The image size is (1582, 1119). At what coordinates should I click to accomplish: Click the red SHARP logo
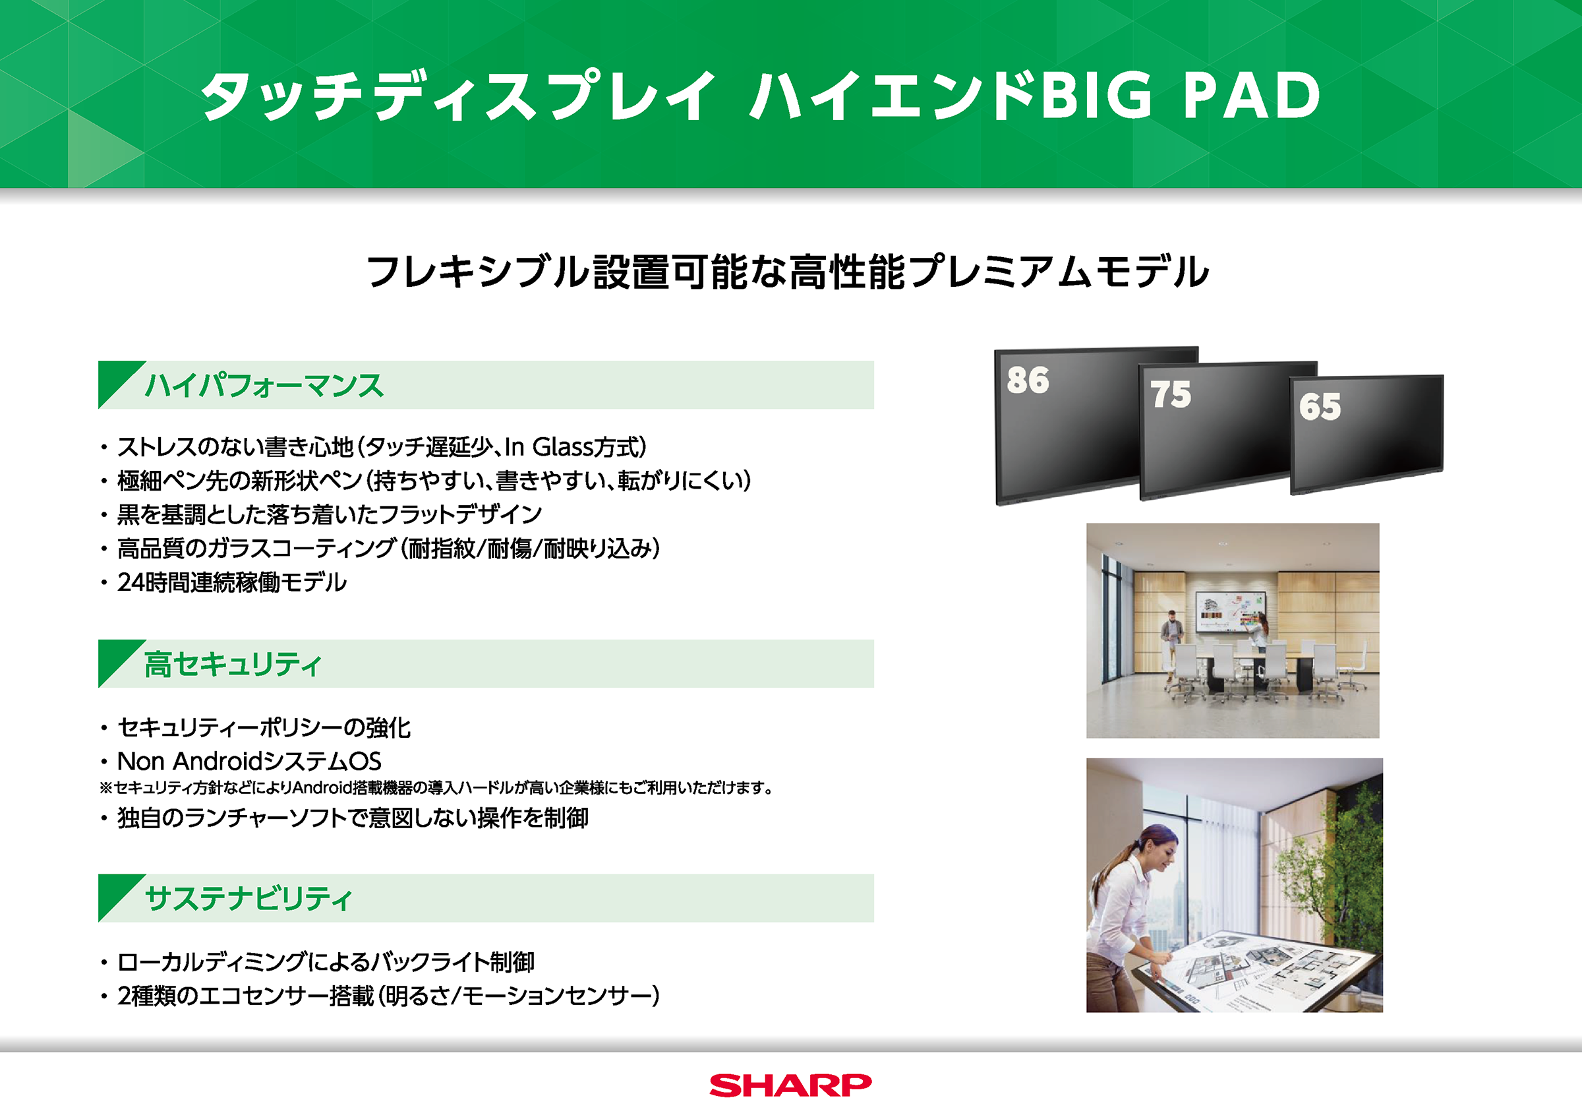[x=790, y=1085]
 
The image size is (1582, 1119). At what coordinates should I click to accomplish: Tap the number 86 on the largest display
[x=1028, y=380]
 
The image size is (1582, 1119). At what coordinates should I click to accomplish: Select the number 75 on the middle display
[x=1170, y=394]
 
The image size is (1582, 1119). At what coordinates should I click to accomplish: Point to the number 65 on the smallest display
[x=1320, y=406]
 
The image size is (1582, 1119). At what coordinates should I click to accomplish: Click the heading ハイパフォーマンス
[x=264, y=384]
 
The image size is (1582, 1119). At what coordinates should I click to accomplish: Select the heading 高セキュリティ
[x=232, y=664]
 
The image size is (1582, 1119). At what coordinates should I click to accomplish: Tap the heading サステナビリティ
[x=248, y=898]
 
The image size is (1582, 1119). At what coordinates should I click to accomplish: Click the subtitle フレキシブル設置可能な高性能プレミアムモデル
[x=788, y=271]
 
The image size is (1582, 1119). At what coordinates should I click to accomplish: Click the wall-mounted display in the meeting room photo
[x=1231, y=612]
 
